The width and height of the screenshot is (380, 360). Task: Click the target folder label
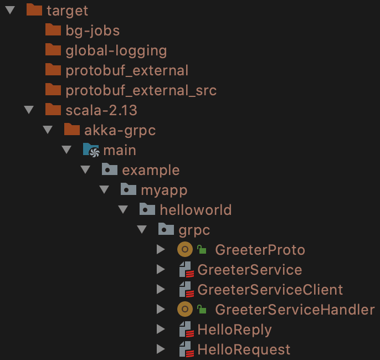pyautogui.click(x=67, y=11)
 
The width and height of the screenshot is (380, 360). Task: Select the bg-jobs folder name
pyautogui.click(x=93, y=31)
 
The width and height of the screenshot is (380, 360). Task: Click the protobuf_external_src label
pyautogui.click(x=141, y=91)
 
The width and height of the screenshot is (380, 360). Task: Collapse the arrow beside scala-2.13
pyautogui.click(x=29, y=110)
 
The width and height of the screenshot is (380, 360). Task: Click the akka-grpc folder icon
pyautogui.click(x=72, y=129)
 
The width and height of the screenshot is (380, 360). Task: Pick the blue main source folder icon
pyautogui.click(x=91, y=150)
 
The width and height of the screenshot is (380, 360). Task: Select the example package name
pyautogui.click(x=151, y=171)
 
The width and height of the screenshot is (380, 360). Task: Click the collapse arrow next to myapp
pyautogui.click(x=104, y=189)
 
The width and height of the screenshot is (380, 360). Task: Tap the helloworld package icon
pyautogui.click(x=147, y=209)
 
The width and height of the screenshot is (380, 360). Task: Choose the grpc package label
pyautogui.click(x=194, y=230)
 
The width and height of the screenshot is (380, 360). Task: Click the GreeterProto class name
pyautogui.click(x=260, y=250)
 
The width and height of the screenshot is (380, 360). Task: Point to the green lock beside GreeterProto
pyautogui.click(x=202, y=249)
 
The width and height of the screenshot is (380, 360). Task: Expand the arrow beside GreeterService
pyautogui.click(x=161, y=269)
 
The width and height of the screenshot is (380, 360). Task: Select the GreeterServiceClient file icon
pyautogui.click(x=186, y=289)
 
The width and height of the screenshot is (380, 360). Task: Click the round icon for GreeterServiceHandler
pyautogui.click(x=185, y=309)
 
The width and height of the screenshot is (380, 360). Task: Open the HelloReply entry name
pyautogui.click(x=234, y=330)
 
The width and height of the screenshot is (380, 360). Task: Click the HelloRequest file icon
pyautogui.click(x=186, y=349)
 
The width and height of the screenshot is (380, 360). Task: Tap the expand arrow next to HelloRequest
pyautogui.click(x=161, y=349)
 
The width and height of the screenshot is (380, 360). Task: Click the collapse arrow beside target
pyautogui.click(x=10, y=10)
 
